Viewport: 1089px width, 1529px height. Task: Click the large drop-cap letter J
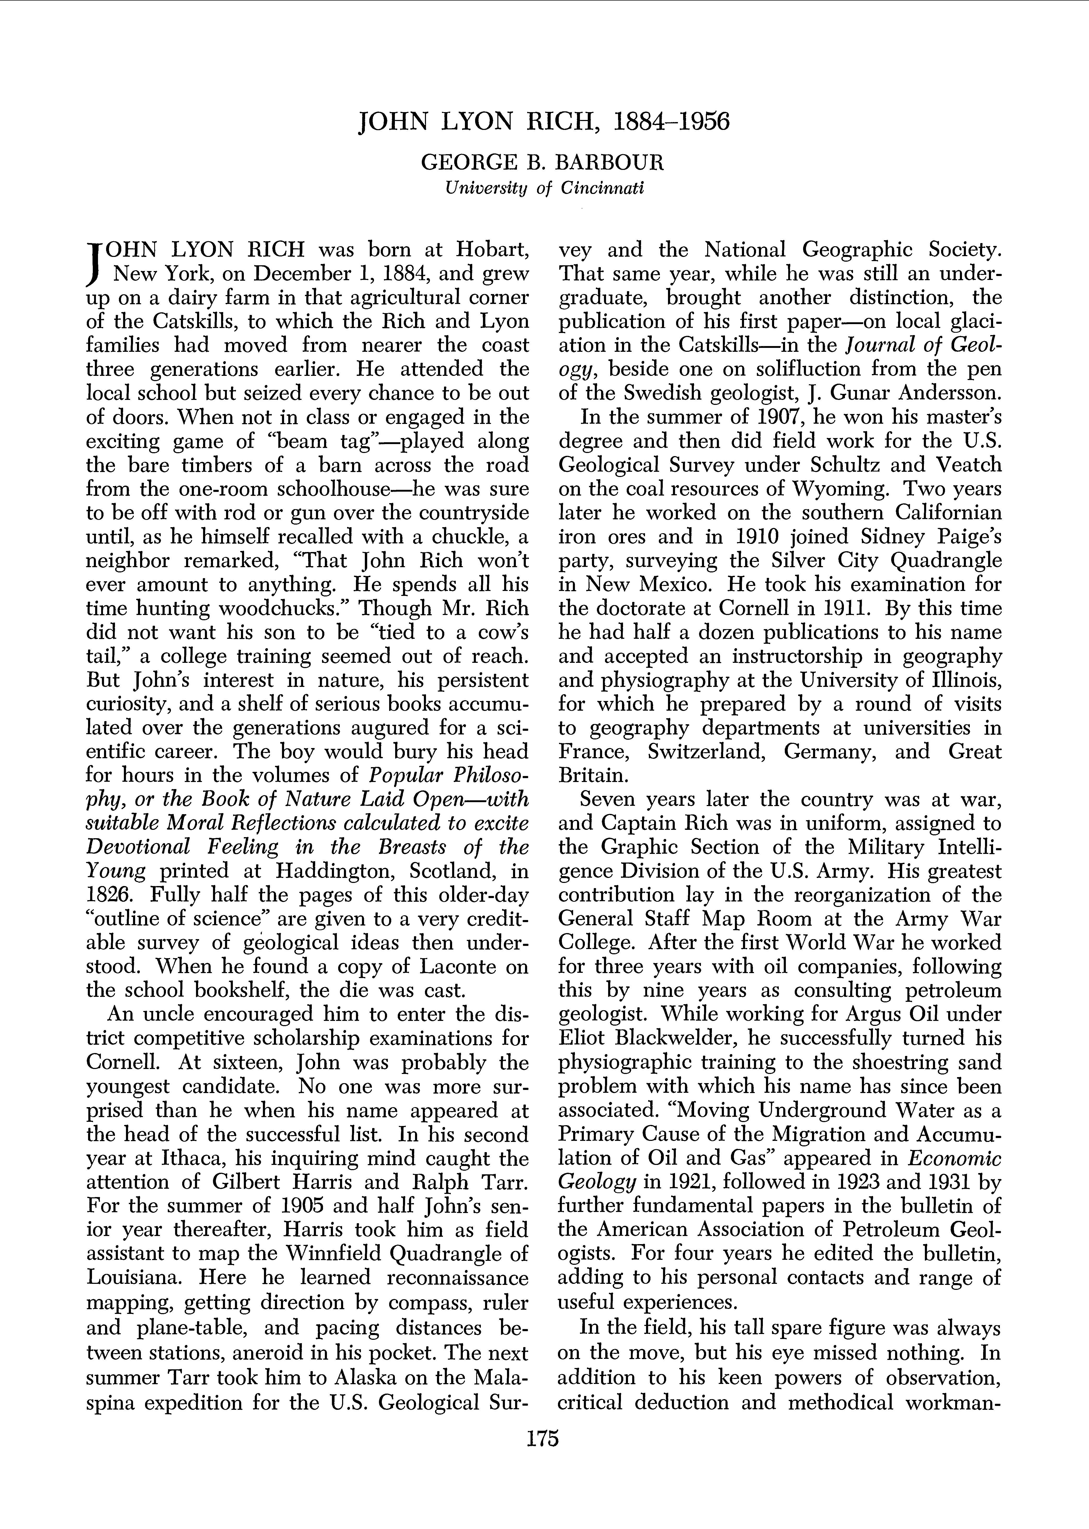tap(96, 262)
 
